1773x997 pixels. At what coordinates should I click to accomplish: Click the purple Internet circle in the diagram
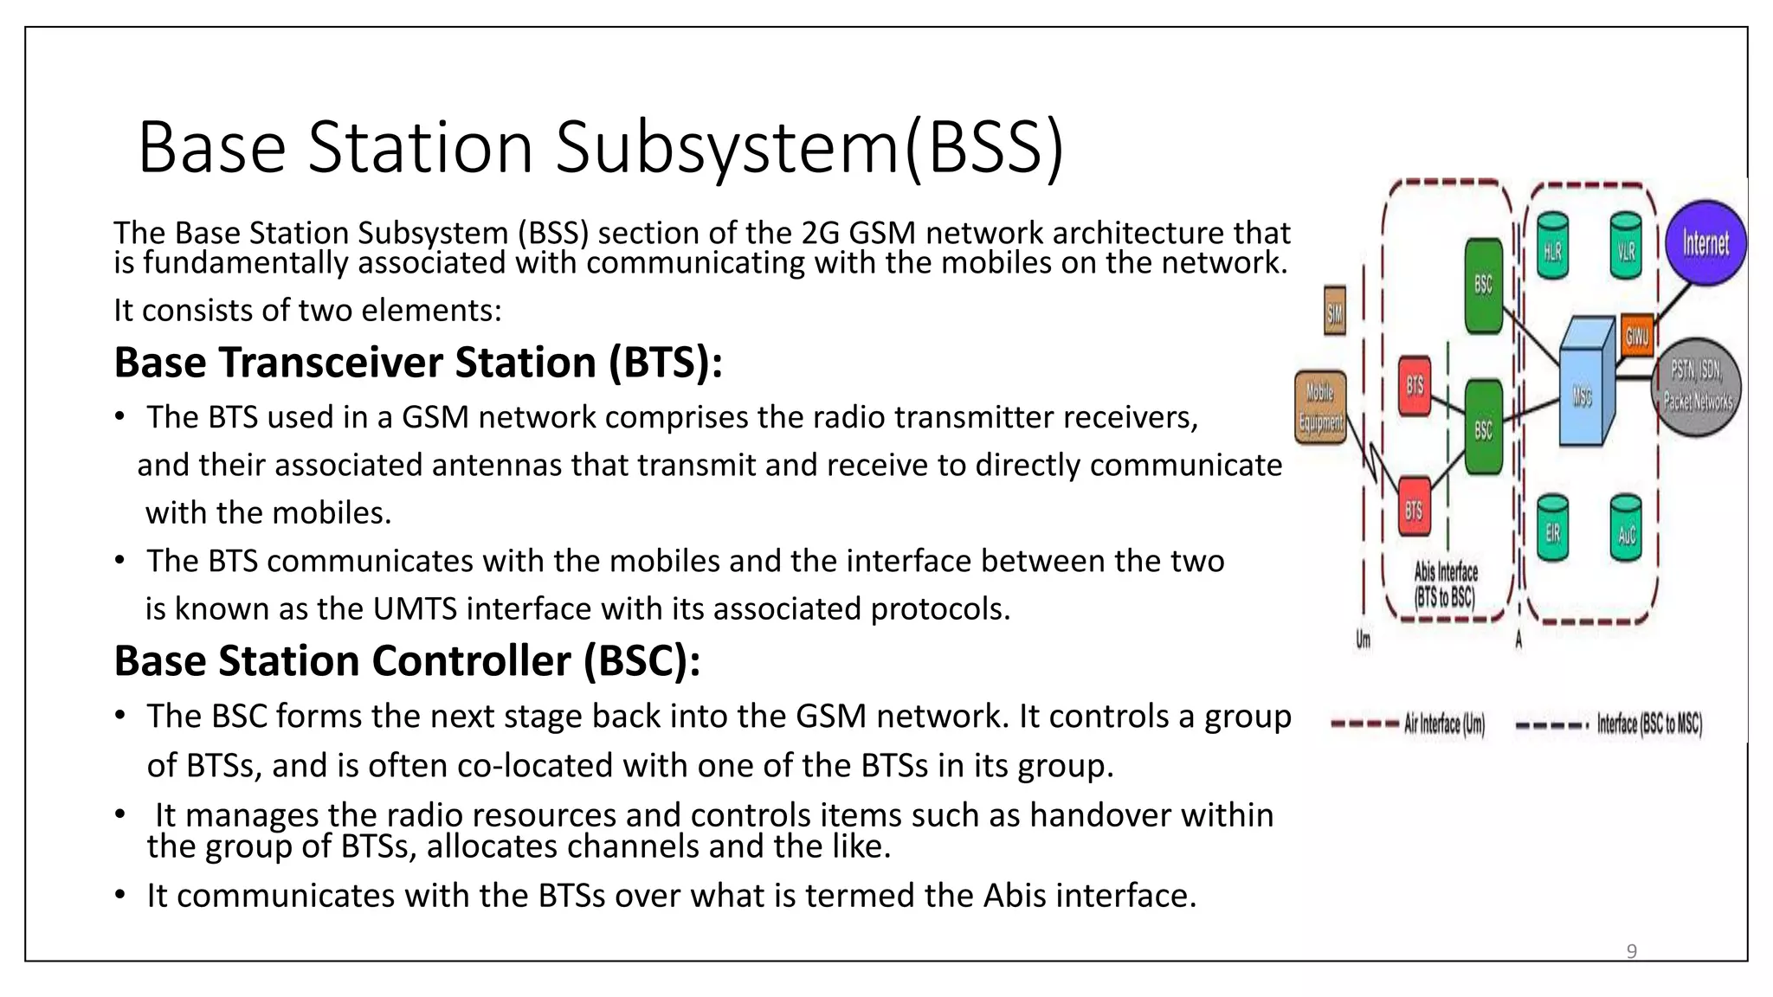tap(1705, 243)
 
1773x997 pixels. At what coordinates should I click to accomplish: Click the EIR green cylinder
tap(1552, 529)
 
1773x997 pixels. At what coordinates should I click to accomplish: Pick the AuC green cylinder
tap(1626, 529)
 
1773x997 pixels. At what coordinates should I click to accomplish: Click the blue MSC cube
tap(1585, 385)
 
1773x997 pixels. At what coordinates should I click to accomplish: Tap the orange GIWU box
tap(1636, 335)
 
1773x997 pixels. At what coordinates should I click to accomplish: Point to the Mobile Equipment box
tap(1320, 407)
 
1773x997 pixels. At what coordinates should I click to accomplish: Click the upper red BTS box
tap(1415, 385)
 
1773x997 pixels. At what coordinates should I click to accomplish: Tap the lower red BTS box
tap(1415, 508)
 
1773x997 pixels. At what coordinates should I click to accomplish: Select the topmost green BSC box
tap(1483, 286)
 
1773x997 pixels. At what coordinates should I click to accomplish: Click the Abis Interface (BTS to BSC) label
tap(1445, 584)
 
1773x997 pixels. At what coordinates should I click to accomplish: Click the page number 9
tap(1631, 951)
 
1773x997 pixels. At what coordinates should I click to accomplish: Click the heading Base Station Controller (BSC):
tap(407, 661)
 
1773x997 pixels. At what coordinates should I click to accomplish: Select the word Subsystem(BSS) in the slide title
tap(809, 147)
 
